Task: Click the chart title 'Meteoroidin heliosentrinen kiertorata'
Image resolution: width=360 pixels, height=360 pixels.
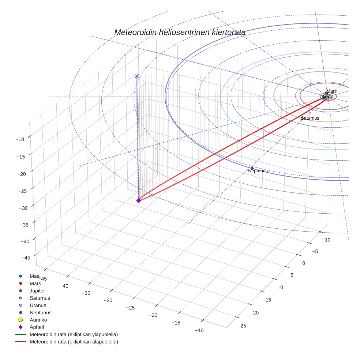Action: pyautogui.click(x=180, y=32)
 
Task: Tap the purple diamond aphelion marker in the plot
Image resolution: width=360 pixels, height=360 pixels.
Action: pyautogui.click(x=139, y=200)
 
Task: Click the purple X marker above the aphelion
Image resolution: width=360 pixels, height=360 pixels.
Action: pyautogui.click(x=137, y=76)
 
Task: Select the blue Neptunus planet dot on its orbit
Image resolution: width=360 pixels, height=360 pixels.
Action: pyautogui.click(x=252, y=169)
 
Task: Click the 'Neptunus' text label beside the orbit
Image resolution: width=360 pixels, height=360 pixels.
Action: pyautogui.click(x=258, y=171)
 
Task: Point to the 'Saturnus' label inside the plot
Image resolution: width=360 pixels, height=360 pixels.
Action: pyautogui.click(x=310, y=118)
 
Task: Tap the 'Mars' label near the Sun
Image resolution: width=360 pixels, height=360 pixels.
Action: pyautogui.click(x=331, y=91)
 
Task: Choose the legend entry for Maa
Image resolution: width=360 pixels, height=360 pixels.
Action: pyautogui.click(x=35, y=276)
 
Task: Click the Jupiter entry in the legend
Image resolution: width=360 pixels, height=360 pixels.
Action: pyautogui.click(x=37, y=291)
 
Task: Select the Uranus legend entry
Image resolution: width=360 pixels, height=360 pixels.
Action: pyautogui.click(x=38, y=305)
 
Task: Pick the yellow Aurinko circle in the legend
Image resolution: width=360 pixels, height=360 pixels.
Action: pyautogui.click(x=21, y=320)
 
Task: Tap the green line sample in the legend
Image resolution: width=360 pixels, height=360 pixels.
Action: pyautogui.click(x=21, y=335)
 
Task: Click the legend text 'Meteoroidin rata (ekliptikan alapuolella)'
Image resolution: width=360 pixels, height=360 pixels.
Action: pyautogui.click(x=74, y=342)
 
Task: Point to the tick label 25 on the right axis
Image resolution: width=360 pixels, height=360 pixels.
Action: pyautogui.click(x=244, y=326)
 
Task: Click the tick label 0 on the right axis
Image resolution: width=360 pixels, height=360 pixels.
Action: pyautogui.click(x=303, y=263)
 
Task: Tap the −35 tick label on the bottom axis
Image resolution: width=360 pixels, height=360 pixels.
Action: pyautogui.click(x=86, y=293)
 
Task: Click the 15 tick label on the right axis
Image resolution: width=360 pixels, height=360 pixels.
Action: pyautogui.click(x=268, y=300)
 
